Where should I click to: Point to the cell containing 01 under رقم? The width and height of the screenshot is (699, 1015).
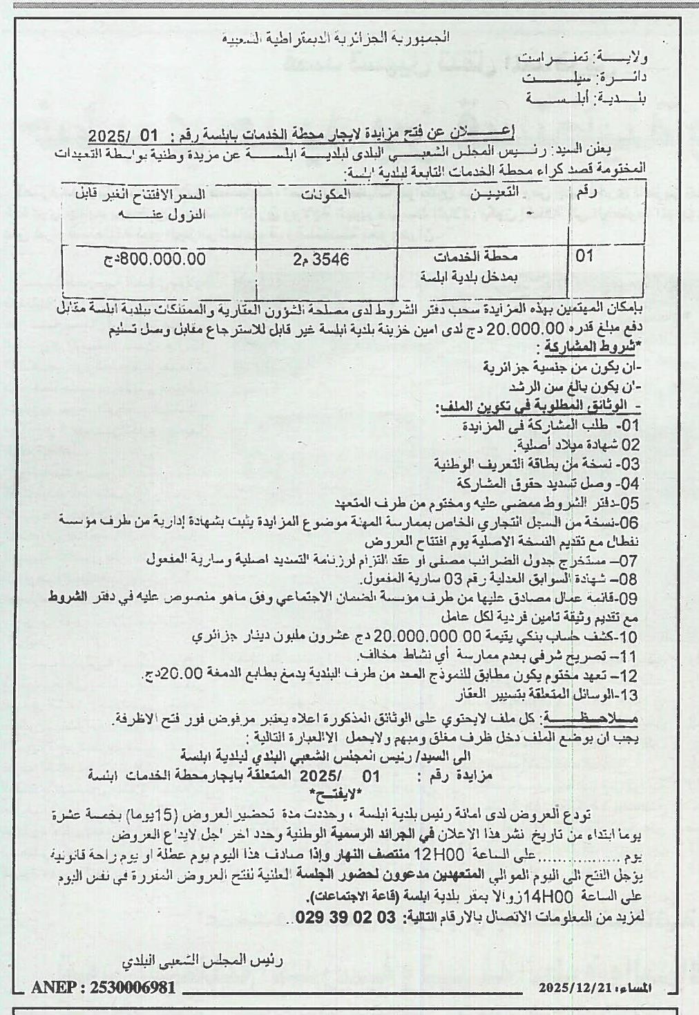coord(585,256)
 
